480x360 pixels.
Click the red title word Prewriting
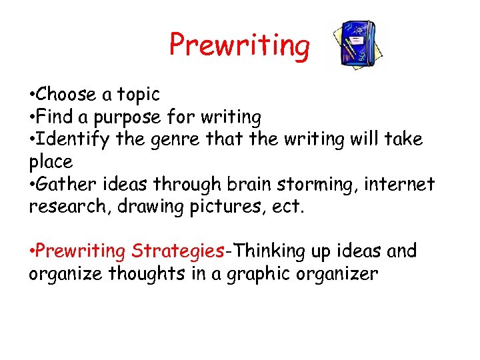(x=239, y=46)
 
